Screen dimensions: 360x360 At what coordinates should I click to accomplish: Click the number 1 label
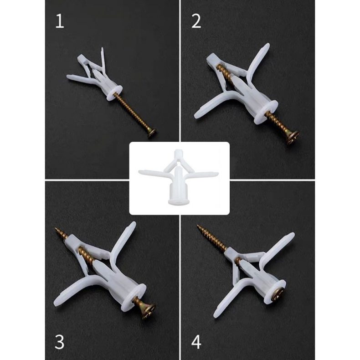(60, 21)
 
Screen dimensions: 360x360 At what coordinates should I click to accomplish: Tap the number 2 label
(196, 21)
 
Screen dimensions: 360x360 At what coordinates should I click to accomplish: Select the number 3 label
(60, 342)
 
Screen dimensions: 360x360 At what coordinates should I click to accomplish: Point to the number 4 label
(196, 342)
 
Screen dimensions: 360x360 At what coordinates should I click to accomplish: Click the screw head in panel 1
(151, 133)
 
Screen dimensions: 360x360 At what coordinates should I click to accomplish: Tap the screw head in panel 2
(292, 137)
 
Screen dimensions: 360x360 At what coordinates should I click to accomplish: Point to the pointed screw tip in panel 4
(199, 226)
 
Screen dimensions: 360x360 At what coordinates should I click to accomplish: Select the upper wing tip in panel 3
(132, 225)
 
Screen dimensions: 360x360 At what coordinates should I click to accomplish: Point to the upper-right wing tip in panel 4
(290, 236)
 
